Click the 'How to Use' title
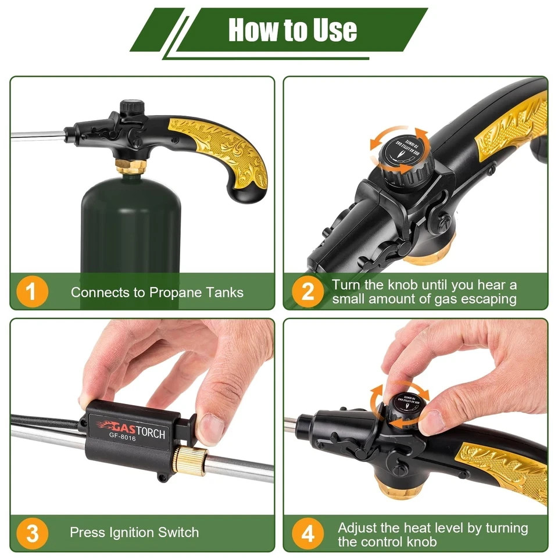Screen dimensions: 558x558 [x=292, y=30]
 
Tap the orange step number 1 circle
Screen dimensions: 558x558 [x=31, y=291]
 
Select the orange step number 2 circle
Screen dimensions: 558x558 [x=308, y=291]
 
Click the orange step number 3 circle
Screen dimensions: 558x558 [x=31, y=532]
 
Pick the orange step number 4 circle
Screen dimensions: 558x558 [x=308, y=532]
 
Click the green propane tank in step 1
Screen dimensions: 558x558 [x=131, y=227]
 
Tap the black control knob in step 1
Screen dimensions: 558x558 [x=131, y=108]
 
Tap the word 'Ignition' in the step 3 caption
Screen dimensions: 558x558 [x=134, y=532]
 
